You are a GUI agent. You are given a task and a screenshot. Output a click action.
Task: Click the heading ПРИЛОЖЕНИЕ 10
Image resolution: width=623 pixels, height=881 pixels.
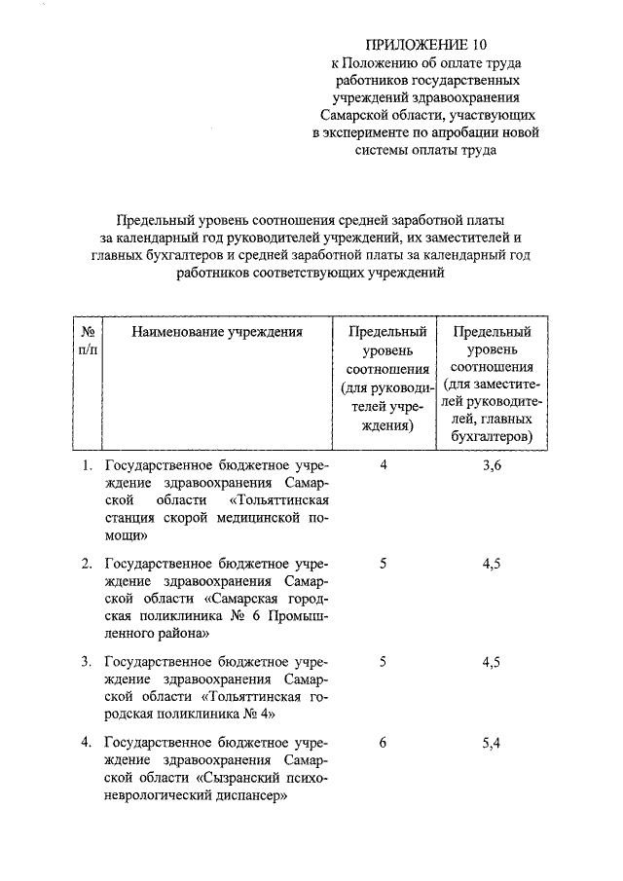click(423, 45)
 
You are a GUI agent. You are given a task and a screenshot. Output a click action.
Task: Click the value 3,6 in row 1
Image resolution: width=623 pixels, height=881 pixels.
click(492, 466)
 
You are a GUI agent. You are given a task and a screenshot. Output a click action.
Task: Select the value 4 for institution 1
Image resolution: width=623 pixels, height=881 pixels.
click(385, 466)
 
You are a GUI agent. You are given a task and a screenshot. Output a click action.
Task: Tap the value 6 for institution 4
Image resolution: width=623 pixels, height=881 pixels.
click(385, 743)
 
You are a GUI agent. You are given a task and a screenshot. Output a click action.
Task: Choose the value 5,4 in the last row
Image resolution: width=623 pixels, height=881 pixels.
click(492, 743)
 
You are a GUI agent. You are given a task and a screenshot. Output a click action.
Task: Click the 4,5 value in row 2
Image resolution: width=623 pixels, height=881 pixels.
click(492, 564)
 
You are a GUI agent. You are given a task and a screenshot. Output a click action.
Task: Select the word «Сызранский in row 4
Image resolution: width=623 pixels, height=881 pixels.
click(240, 778)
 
